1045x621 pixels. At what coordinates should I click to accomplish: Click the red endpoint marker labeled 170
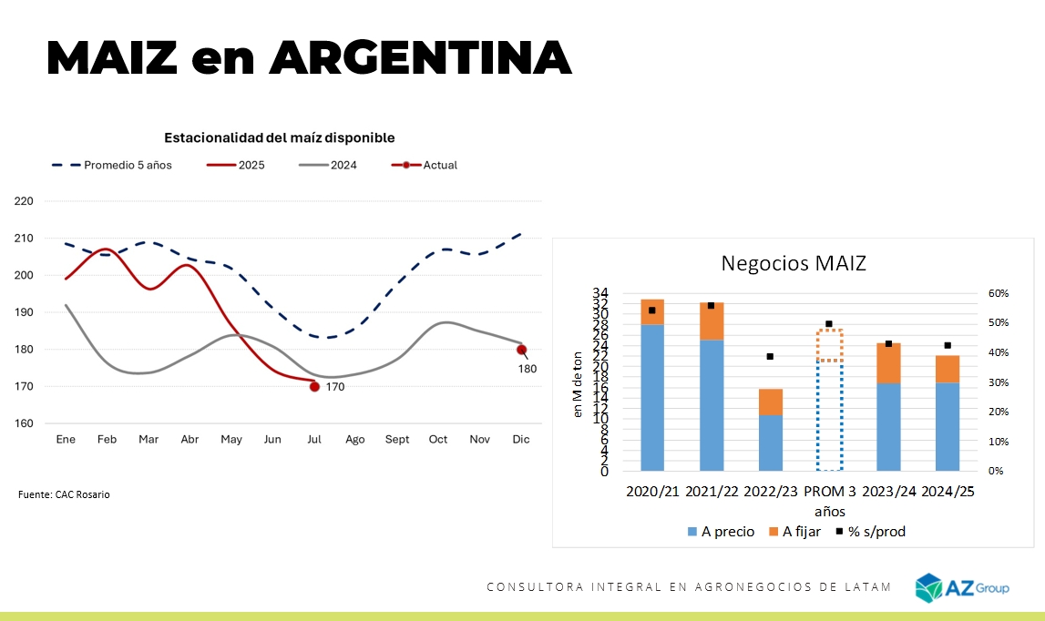[x=314, y=387]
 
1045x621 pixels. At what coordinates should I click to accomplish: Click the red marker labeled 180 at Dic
[x=521, y=350]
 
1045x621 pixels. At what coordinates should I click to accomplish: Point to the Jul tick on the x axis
[x=313, y=440]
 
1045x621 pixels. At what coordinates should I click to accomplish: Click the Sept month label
[x=396, y=440]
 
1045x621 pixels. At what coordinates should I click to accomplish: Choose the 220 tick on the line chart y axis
[x=24, y=201]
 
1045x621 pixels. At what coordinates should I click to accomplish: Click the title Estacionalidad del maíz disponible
[x=279, y=137]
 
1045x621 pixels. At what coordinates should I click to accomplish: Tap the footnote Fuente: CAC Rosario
[x=64, y=494]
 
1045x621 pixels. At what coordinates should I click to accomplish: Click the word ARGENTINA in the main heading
[x=420, y=57]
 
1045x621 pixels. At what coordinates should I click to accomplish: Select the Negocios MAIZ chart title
[x=794, y=263]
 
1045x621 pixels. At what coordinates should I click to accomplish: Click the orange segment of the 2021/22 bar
[x=712, y=321]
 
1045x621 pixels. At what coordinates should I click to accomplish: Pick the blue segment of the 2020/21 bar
[x=652, y=397]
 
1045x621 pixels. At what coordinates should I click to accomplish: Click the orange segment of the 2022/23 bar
[x=771, y=402]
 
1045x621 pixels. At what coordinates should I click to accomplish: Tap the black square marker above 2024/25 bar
[x=948, y=346]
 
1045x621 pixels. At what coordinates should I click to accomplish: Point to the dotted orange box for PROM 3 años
[x=829, y=345]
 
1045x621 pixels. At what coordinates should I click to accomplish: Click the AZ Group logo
[x=962, y=588]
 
